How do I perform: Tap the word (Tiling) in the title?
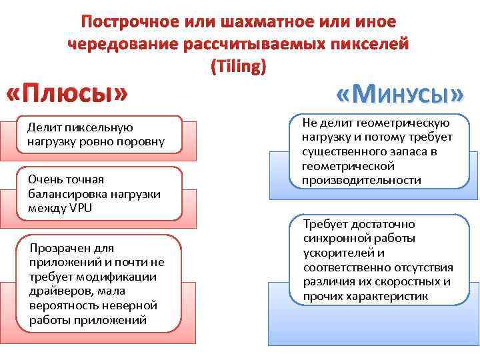point(239,67)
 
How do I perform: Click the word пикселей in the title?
point(371,45)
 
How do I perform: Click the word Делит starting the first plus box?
point(41,127)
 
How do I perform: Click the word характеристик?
point(393,296)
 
